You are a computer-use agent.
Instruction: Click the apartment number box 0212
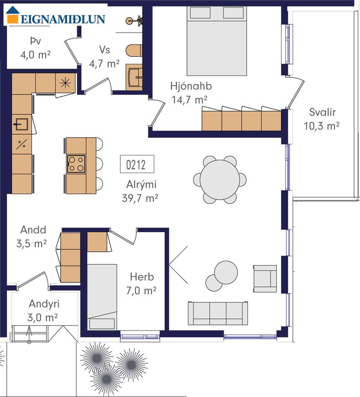[x=137, y=164]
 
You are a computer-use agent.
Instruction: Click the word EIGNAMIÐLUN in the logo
[x=63, y=19]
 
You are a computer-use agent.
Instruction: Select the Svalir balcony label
[x=322, y=112]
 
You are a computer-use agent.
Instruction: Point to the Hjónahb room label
[x=191, y=86]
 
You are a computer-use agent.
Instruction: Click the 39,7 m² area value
[x=140, y=198]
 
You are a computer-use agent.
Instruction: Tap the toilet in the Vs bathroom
[x=134, y=51]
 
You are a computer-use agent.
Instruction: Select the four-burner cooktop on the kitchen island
[x=76, y=164]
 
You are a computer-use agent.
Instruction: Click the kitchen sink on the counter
[x=21, y=124]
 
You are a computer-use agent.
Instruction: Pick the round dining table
[x=220, y=180]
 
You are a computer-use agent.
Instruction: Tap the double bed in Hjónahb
[x=217, y=41]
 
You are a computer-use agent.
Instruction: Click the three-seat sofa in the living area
[x=218, y=313]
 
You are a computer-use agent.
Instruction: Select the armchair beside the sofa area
[x=265, y=279]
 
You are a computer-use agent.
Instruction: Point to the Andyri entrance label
[x=44, y=304]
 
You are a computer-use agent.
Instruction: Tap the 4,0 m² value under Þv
[x=35, y=54]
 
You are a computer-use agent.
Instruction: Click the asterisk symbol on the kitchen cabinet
[x=65, y=83]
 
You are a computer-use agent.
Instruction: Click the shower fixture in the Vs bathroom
[x=134, y=21]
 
